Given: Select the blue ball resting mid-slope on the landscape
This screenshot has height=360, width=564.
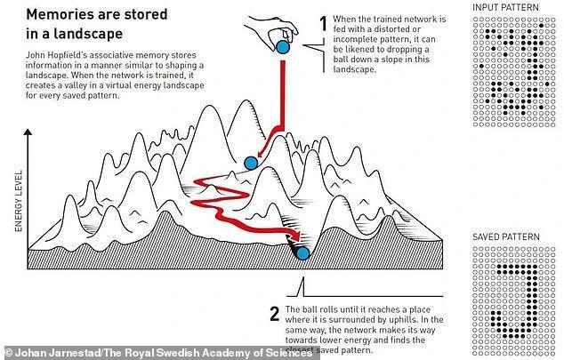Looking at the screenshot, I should (x=250, y=163).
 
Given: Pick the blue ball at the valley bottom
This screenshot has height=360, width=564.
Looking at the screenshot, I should (x=302, y=254).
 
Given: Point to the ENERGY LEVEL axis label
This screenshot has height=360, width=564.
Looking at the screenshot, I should (x=19, y=203).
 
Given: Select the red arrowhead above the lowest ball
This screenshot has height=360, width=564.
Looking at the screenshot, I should (x=296, y=237).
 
